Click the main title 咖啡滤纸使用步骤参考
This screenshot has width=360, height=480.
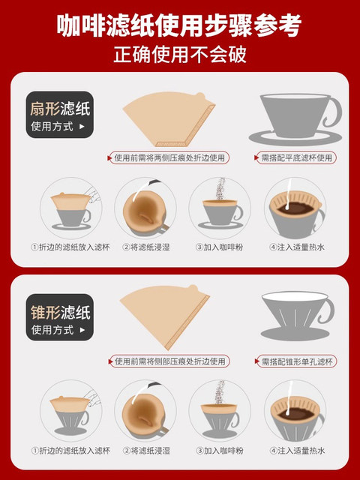coord(180,26)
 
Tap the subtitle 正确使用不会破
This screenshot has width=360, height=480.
coord(180,55)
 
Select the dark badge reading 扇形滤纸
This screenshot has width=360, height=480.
coord(60,115)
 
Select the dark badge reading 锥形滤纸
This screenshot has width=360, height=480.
coord(60,317)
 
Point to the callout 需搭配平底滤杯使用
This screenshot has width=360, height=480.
coord(295,158)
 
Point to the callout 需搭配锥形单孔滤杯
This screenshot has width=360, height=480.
coord(295,361)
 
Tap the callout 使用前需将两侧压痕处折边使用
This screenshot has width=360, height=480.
coord(169,158)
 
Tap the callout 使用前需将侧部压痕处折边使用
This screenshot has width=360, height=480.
coord(169,361)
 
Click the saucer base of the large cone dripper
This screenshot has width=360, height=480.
coord(291,334)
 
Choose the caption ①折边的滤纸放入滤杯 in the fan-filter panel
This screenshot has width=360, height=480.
coord(70,247)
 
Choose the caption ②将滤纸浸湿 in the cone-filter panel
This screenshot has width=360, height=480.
coord(146,451)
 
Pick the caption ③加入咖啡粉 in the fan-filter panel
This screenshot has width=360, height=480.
coord(220,247)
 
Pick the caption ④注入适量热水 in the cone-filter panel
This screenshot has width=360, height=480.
coord(297,451)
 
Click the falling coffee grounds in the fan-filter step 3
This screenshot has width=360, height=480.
coord(220,189)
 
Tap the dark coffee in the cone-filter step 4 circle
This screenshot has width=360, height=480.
coord(296,413)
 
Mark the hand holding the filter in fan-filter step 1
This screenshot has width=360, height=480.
coord(94,194)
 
